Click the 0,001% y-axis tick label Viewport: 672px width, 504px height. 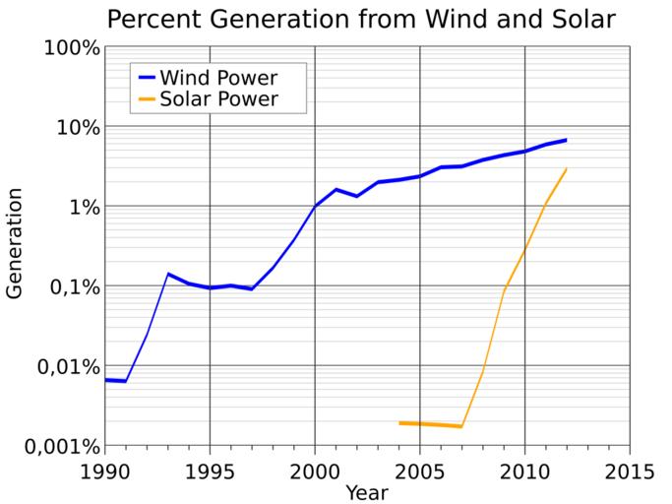pos(56,446)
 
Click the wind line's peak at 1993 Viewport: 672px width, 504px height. pos(168,274)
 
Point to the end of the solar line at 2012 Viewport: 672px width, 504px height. pos(567,168)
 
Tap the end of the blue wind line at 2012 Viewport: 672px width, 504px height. pos(567,140)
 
